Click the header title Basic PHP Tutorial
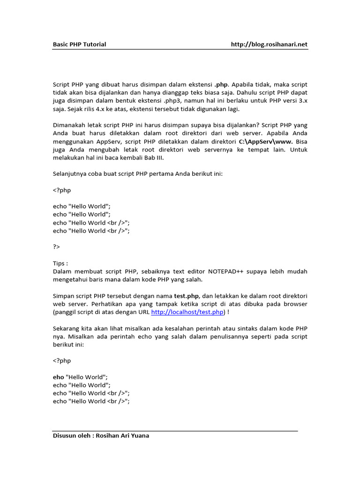click(79, 45)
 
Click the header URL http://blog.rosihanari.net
click(269, 45)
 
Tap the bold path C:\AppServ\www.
click(266, 142)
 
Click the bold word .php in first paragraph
click(221, 85)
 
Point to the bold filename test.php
click(187, 296)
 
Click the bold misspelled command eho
click(59, 377)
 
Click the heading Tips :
click(60, 263)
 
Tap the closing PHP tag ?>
click(57, 247)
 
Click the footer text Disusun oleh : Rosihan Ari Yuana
click(101, 436)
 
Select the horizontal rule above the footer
click(175, 431)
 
